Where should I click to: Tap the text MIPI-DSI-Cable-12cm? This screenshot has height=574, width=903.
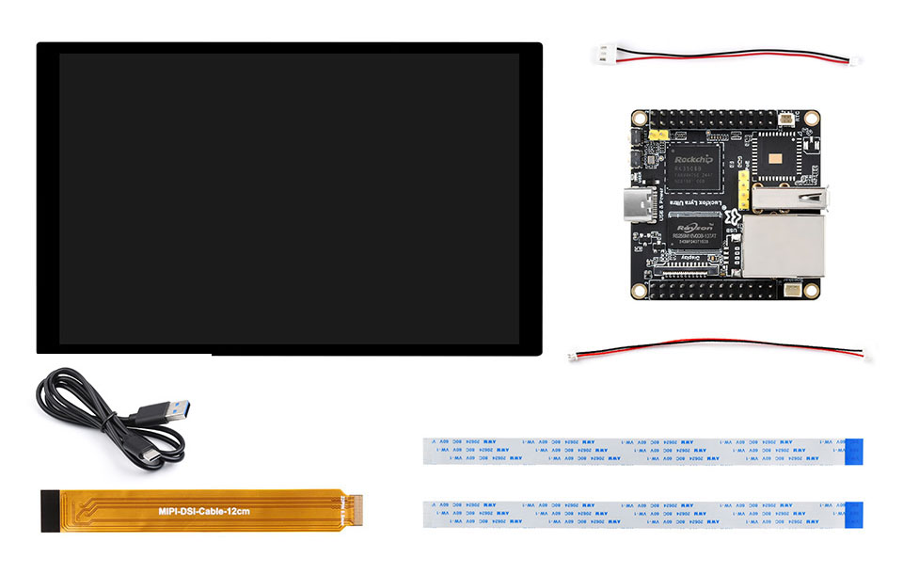click(x=204, y=511)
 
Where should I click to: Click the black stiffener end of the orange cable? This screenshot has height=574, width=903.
click(x=54, y=511)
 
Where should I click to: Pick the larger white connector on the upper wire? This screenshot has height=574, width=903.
click(x=603, y=53)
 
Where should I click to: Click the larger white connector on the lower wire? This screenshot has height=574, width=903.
click(x=863, y=355)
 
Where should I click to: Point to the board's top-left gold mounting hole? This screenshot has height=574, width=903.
click(x=640, y=119)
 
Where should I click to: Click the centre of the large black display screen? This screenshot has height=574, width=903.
click(x=289, y=198)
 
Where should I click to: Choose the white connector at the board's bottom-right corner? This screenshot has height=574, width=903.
click(x=792, y=290)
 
